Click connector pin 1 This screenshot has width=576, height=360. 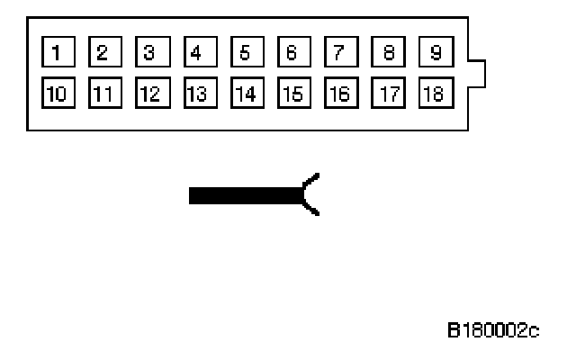point(56,51)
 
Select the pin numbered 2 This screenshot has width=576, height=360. point(103,51)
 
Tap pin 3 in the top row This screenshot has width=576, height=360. point(149,51)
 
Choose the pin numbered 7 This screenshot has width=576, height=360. point(338,51)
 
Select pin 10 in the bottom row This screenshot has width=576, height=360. point(56,92)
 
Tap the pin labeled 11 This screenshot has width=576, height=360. point(103,92)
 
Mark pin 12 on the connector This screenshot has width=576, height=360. point(149,92)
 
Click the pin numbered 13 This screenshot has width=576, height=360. point(197,92)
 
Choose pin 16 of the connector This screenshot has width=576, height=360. point(338,92)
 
